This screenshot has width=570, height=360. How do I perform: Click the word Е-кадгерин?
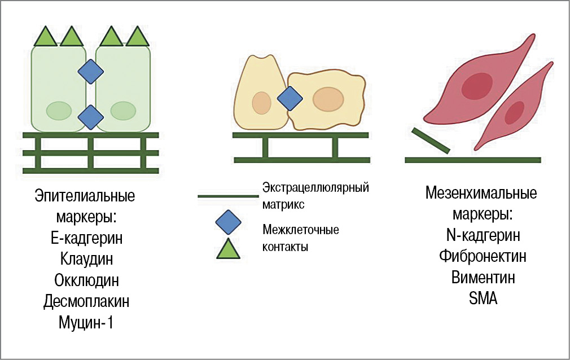86,238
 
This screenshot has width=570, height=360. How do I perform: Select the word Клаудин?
86,259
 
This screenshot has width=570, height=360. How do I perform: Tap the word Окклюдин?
86,280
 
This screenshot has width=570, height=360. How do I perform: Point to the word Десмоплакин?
86,301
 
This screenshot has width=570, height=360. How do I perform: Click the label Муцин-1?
86,323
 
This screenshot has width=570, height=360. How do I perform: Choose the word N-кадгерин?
483,235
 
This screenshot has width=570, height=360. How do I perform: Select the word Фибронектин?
483,256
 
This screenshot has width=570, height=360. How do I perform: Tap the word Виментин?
483,278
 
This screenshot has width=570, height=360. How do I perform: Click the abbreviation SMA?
483,299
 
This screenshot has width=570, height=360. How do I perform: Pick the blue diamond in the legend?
228,222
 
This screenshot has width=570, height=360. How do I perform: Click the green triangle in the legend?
228,248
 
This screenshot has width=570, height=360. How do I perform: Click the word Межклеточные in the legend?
300,230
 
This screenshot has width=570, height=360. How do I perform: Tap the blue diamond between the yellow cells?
290,99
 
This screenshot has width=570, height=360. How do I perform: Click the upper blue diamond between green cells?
90,73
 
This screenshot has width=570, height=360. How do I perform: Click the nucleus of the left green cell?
58,110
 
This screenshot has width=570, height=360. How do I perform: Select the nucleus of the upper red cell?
476,85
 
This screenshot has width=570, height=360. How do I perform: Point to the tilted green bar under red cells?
431,141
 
